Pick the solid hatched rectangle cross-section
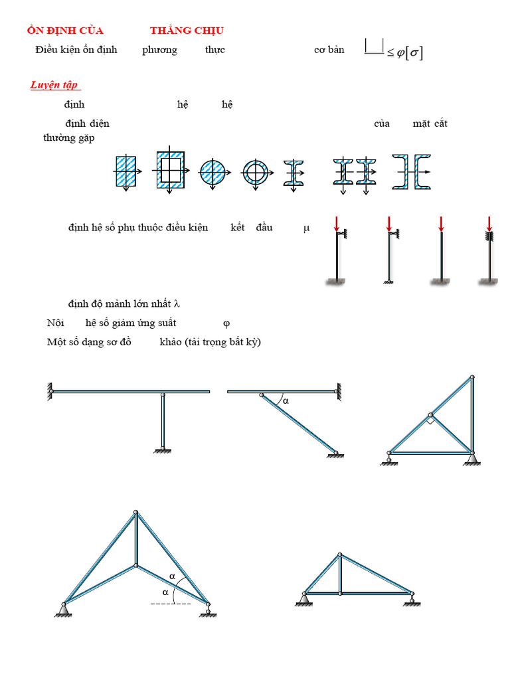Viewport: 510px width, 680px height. pos(126,172)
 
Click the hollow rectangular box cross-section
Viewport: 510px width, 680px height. pos(169,171)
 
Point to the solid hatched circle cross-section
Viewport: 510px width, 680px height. pos(212,172)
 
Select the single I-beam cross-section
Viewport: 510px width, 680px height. pos(294,172)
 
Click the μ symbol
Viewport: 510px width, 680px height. pos(306,228)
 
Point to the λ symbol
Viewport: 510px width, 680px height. pos(177,304)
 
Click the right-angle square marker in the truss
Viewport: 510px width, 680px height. pos(430,420)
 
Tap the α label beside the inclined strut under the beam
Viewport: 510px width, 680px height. pos(286,401)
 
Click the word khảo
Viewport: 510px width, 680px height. pos(171,342)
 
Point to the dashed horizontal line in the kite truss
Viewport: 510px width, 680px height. pos(171,604)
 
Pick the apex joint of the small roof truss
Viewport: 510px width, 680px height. pos(340,554)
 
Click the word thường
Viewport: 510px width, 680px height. pos(58,137)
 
